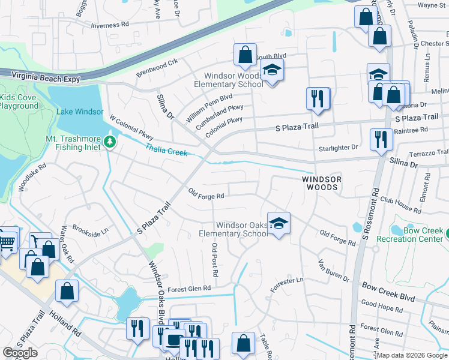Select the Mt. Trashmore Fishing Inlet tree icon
pyautogui.click(x=109, y=142)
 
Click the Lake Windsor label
pyautogui.click(x=80, y=112)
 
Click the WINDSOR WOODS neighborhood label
pyautogui.click(x=321, y=184)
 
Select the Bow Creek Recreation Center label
pyautogui.click(x=411, y=235)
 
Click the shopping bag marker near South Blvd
pyautogui.click(x=245, y=55)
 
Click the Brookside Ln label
pyautogui.click(x=90, y=229)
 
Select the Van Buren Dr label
pyautogui.click(x=334, y=270)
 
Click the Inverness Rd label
pyautogui.click(x=110, y=26)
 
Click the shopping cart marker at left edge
pyautogui.click(x=7, y=241)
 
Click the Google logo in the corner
pyautogui.click(x=20, y=353)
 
